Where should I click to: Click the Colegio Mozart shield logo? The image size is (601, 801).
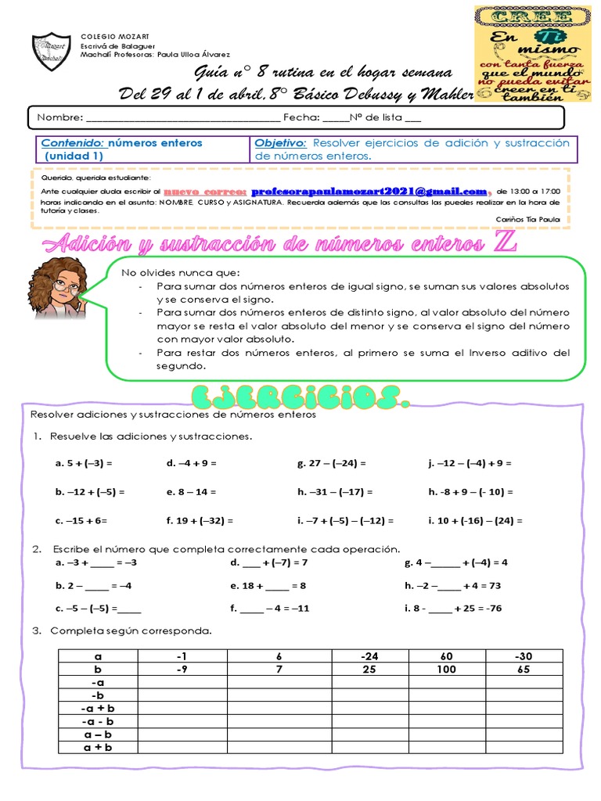coord(52,53)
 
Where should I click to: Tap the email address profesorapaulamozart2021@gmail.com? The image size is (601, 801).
coord(369,191)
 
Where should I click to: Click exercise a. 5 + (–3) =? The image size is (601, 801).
coord(84,463)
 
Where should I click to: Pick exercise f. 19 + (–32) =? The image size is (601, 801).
coord(200,520)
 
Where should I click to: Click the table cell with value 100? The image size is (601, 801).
coord(447,670)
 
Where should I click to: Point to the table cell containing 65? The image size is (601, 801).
coord(524,670)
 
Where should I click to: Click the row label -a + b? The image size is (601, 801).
coord(98,709)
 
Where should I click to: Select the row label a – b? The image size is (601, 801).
coord(98,735)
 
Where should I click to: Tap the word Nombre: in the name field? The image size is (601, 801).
coord(59,117)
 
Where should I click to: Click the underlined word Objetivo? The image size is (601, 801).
coord(279,143)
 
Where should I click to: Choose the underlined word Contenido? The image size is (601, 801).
coord(72,143)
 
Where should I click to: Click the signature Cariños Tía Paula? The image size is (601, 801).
coord(528,219)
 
